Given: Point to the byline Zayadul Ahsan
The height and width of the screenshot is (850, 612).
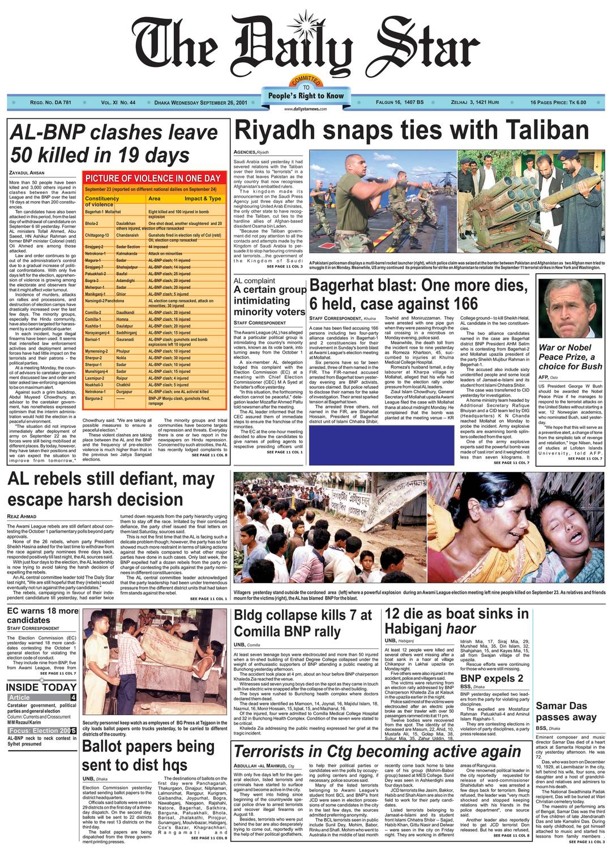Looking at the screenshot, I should (27, 172).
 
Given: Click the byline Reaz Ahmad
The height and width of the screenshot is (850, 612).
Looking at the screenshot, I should (21, 516).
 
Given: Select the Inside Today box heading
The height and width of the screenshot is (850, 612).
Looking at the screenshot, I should (41, 687).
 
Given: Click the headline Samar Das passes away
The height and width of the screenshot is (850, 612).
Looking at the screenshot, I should (566, 711).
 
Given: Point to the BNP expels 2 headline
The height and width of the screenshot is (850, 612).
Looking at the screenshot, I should (491, 678).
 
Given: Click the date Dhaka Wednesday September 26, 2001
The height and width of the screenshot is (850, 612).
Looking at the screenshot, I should (200, 103).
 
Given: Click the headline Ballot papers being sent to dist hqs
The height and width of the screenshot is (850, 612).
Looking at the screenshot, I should (148, 755).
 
